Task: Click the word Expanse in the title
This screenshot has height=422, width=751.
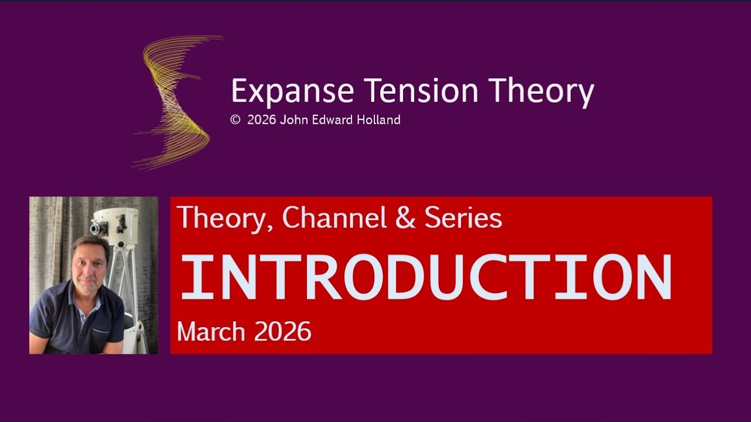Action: [x=292, y=91]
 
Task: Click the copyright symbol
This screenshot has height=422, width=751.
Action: [x=235, y=120]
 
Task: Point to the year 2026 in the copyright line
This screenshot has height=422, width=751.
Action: [x=262, y=120]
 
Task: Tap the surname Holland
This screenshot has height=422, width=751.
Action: [x=378, y=120]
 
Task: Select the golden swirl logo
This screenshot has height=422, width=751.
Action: [x=176, y=103]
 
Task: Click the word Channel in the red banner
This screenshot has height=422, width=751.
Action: [x=334, y=218]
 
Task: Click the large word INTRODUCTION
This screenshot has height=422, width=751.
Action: [x=425, y=277]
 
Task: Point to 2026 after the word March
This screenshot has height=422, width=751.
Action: [x=282, y=332]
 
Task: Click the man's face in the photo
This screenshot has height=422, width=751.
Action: [x=90, y=261]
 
